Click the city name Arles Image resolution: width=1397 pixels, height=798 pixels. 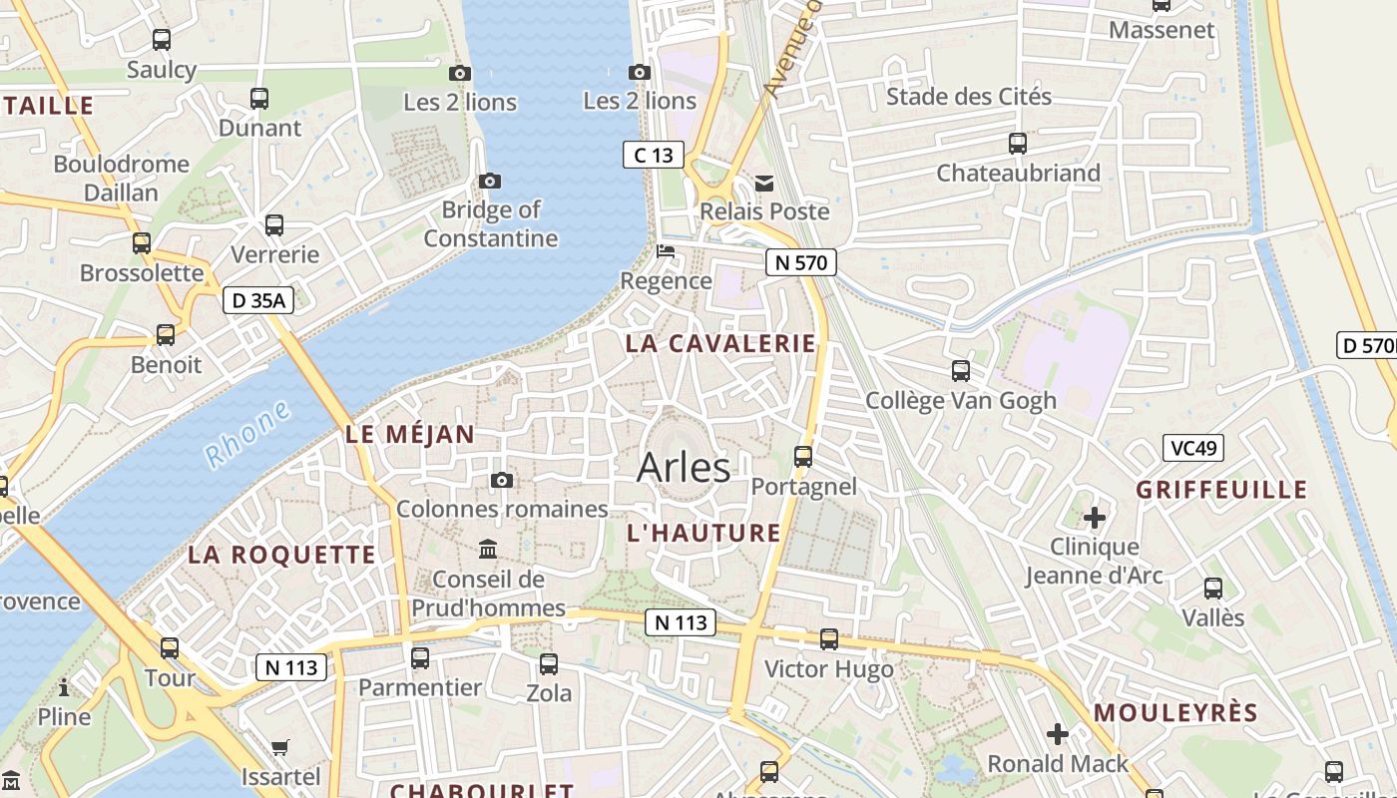point(684,467)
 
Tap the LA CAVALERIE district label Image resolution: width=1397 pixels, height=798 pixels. point(720,343)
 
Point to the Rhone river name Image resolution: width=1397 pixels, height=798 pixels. point(247,434)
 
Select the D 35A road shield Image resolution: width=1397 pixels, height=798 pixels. point(257,300)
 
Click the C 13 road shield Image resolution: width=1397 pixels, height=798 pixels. point(654,155)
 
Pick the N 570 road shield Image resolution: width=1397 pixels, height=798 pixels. point(800,262)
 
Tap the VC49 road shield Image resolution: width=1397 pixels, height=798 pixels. point(1192,448)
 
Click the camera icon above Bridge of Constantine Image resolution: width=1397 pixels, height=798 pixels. point(489,181)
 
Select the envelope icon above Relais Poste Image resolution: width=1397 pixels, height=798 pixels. point(764,183)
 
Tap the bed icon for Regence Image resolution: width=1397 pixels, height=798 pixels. point(666,251)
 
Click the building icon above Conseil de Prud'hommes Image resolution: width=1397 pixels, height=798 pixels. point(488,549)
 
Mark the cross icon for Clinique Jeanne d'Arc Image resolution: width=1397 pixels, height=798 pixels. point(1095,517)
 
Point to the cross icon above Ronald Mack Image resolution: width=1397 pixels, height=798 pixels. point(1058,735)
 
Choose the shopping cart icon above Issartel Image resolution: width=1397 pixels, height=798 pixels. point(280,747)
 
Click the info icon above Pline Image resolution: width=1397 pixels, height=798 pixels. point(64,687)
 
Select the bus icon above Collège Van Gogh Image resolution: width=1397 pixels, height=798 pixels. point(960,371)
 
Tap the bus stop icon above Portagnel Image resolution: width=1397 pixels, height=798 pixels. point(802,457)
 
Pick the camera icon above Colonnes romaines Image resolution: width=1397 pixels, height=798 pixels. point(502,481)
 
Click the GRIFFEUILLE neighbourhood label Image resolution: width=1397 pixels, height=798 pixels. point(1221,490)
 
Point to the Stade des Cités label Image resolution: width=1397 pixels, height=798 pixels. point(968,97)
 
